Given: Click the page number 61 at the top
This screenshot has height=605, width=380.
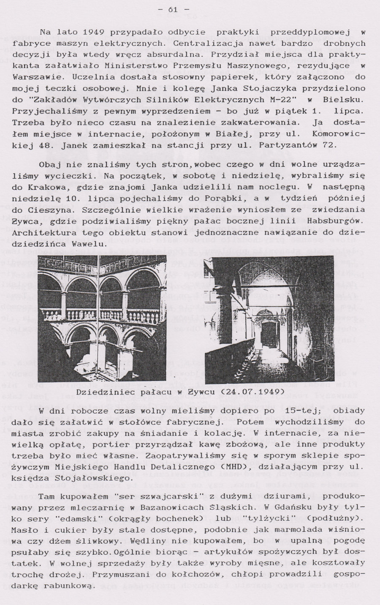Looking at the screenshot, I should (173, 10).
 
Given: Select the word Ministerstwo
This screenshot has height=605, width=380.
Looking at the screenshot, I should (131, 66).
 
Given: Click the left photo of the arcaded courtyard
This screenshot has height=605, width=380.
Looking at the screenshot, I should (102, 319).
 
